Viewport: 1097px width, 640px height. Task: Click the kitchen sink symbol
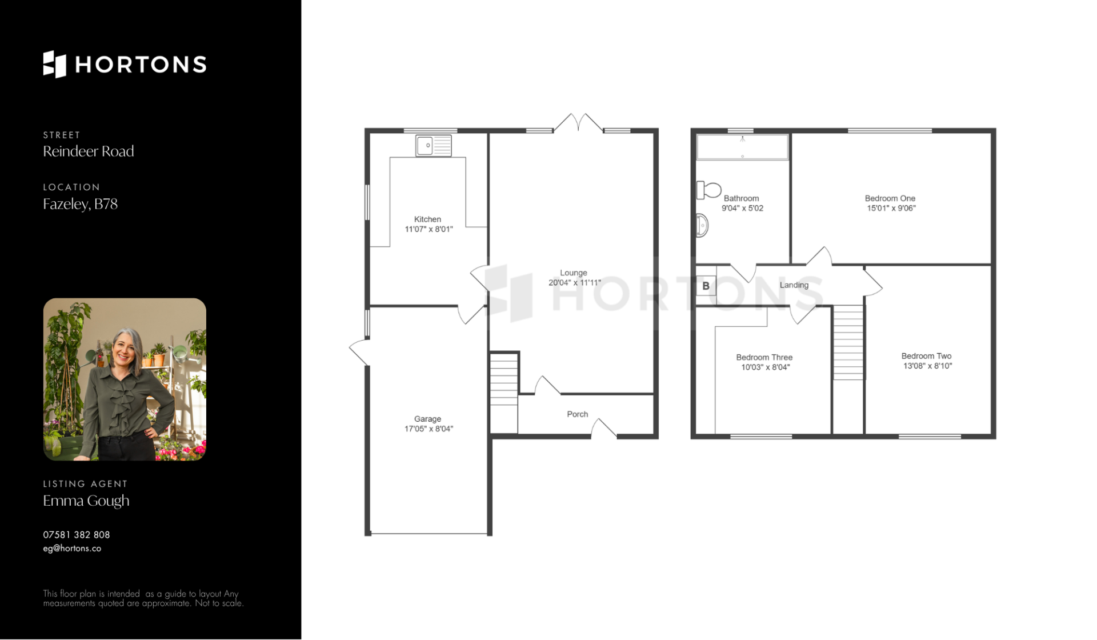(434, 146)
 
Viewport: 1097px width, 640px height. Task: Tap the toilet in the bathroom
(708, 190)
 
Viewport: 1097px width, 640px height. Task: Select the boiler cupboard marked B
(706, 286)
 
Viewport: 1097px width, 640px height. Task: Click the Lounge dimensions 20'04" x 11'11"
(575, 283)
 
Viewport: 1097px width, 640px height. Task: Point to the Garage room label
(427, 419)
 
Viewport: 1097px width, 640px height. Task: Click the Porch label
(577, 414)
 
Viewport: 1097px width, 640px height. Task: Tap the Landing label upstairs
(794, 285)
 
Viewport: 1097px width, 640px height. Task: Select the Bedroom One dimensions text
(891, 209)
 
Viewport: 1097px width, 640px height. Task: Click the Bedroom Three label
(764, 358)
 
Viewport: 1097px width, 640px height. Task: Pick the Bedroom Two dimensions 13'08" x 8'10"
(927, 366)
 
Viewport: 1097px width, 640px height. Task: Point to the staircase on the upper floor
(848, 342)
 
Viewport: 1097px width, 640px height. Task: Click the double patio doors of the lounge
(578, 123)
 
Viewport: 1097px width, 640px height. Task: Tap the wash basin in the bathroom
(702, 225)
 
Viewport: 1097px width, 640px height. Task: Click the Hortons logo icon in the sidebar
(55, 64)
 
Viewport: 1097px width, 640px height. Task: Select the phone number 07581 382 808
(77, 535)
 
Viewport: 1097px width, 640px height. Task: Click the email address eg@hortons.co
(72, 549)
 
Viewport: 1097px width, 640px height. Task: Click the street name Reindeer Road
(89, 151)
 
